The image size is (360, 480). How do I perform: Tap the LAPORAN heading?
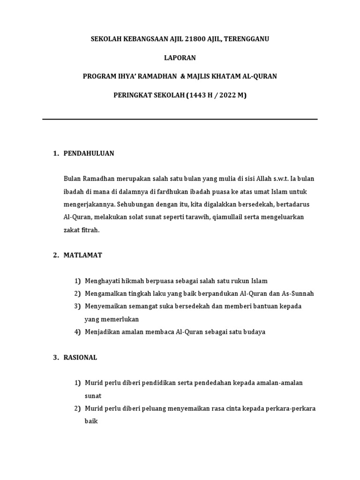pyautogui.click(x=180, y=58)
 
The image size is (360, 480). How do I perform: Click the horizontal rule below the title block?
pyautogui.click(x=180, y=119)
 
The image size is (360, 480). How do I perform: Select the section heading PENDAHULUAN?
pyautogui.click(x=89, y=153)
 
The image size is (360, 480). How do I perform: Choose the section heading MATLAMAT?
pyautogui.click(x=83, y=255)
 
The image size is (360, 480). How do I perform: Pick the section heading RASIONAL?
pyautogui.click(x=81, y=357)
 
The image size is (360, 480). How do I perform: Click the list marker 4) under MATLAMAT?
pyautogui.click(x=77, y=332)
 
